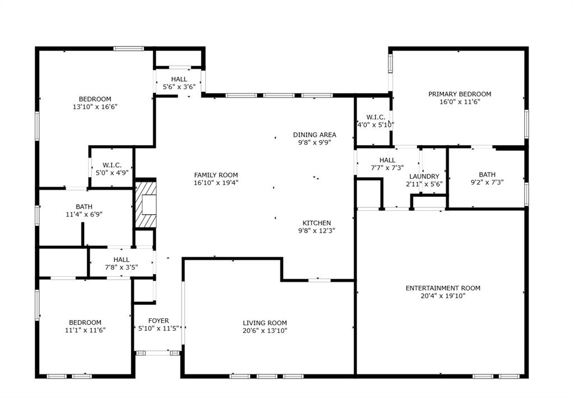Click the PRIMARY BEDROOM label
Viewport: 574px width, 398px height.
[x=460, y=94]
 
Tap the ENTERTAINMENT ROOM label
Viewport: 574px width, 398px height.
[x=443, y=288]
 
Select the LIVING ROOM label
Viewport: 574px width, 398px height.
[x=265, y=323]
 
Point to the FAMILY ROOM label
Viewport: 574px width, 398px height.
[x=216, y=175]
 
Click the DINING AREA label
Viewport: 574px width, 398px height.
[x=314, y=135]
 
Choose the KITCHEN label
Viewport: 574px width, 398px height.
[x=317, y=223]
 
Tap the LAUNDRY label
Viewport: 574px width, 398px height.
[x=424, y=177]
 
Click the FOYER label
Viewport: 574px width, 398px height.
[x=159, y=321]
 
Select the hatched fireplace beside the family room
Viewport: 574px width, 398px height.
[x=145, y=205]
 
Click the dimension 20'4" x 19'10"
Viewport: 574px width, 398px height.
[x=443, y=296]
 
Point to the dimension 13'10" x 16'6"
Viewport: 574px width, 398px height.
[x=95, y=107]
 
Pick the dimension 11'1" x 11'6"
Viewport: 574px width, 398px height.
[x=85, y=330]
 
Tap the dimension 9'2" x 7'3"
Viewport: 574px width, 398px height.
[x=487, y=182]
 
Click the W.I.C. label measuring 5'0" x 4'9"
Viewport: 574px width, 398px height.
[x=112, y=165]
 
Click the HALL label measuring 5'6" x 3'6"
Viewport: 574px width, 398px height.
[x=179, y=80]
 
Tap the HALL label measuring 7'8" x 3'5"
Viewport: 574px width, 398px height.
[x=121, y=260]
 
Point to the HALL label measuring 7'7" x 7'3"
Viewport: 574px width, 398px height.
[x=387, y=160]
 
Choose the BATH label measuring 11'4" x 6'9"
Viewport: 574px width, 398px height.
[x=84, y=207]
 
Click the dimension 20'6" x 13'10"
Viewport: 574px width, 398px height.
[x=265, y=331]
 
